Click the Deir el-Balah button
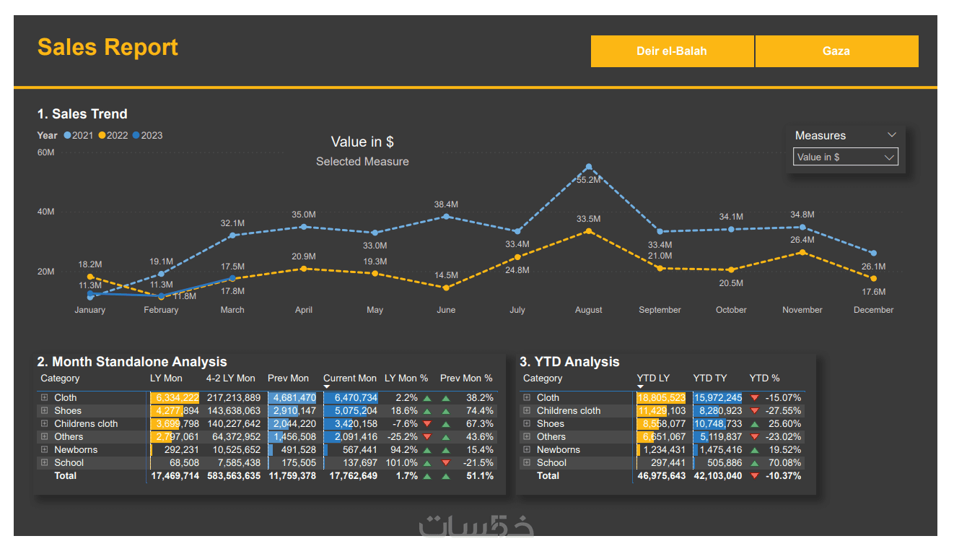click(x=672, y=51)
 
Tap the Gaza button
click(x=836, y=51)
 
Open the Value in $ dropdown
click(x=845, y=157)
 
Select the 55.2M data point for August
click(x=589, y=166)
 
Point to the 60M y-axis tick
click(x=45, y=152)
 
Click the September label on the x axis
click(x=660, y=310)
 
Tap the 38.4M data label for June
click(x=446, y=204)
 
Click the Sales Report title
click(x=108, y=47)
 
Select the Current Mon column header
click(x=350, y=378)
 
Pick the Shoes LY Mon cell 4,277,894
click(x=175, y=410)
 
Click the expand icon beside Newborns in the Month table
click(x=44, y=449)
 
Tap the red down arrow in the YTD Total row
click(x=755, y=475)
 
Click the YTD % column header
click(x=764, y=378)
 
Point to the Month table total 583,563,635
click(x=233, y=475)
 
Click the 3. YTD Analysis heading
click(x=569, y=362)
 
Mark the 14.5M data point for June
click(x=446, y=288)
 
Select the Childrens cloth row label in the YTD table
click(x=568, y=410)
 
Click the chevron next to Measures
click(x=892, y=135)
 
